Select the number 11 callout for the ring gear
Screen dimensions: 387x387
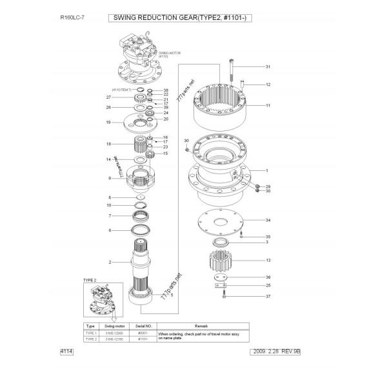coord(268,104)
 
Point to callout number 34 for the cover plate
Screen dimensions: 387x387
coord(268,220)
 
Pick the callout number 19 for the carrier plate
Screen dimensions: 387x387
coord(109,122)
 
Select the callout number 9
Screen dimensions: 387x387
coord(110,178)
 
